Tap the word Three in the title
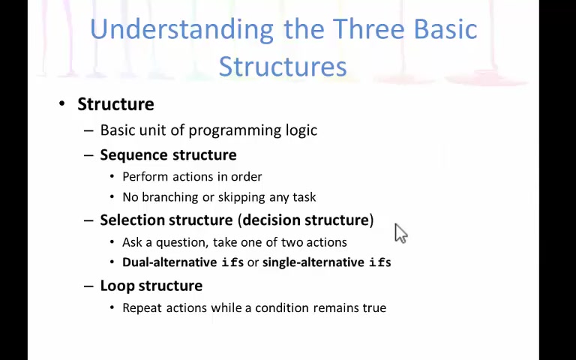click(x=369, y=28)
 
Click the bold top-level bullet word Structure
click(x=115, y=104)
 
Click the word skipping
click(x=241, y=198)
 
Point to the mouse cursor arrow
click(x=400, y=233)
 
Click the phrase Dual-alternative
click(x=169, y=262)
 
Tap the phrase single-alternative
click(x=313, y=262)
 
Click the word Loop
click(x=116, y=286)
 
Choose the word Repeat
click(x=142, y=307)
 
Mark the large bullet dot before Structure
click(x=61, y=103)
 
